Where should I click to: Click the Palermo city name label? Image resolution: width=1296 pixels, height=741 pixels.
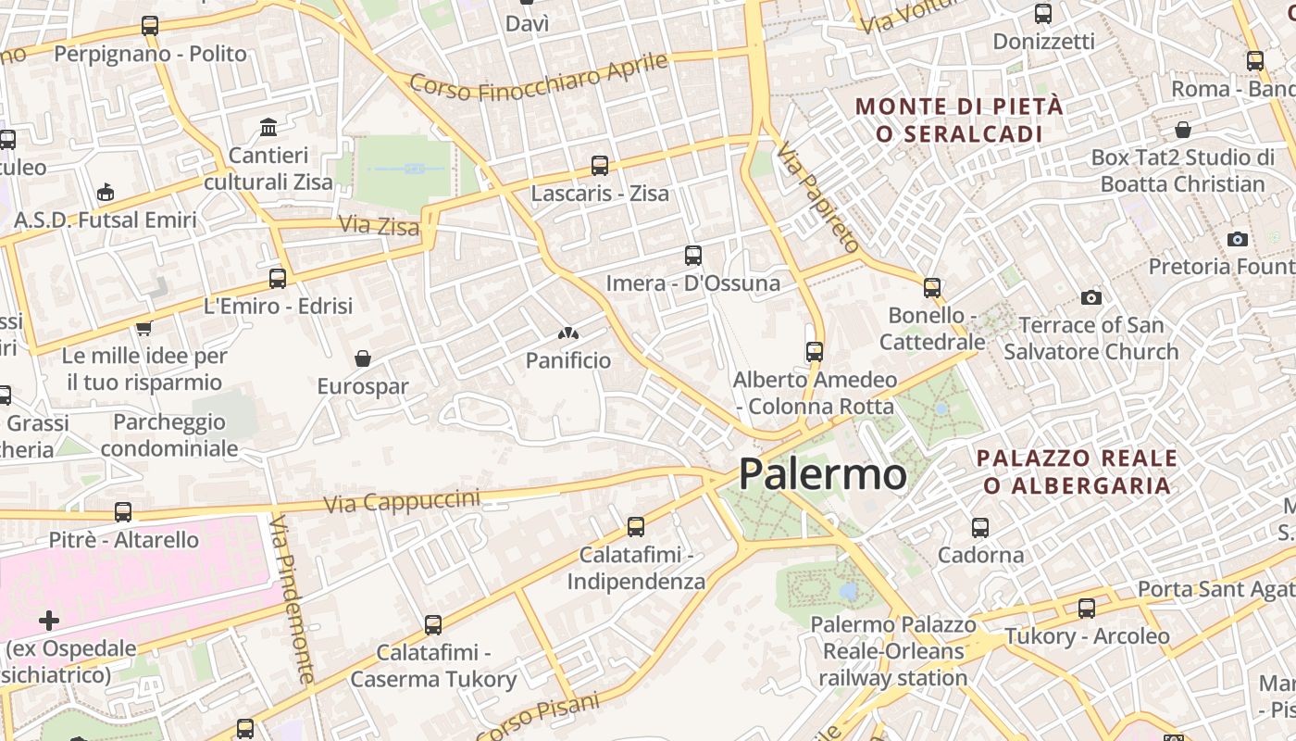pos(822,474)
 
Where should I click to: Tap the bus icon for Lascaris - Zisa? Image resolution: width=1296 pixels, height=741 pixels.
pos(600,166)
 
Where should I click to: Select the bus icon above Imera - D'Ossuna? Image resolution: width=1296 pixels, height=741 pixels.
pos(692,255)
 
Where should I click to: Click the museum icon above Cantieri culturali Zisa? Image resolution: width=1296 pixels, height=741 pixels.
pos(268,126)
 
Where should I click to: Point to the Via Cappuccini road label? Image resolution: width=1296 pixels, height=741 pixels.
pos(403,500)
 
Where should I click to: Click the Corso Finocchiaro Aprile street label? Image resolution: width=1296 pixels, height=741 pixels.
pos(538,77)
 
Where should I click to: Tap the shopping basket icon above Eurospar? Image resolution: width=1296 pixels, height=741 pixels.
pos(363,358)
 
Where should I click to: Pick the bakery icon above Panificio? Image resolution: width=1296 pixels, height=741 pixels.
pos(567,333)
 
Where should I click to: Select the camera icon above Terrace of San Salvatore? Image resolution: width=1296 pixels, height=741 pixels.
pos(1091,297)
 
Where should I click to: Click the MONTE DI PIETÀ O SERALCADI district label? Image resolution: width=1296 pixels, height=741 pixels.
pos(959,119)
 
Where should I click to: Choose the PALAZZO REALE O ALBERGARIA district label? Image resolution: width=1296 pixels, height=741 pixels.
pos(1077,471)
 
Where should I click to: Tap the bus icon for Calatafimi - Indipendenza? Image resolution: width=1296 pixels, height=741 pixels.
pos(635,526)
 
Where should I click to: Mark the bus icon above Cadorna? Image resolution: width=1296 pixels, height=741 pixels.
pos(980,527)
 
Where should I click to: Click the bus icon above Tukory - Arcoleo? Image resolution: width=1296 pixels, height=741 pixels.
pos(1087,608)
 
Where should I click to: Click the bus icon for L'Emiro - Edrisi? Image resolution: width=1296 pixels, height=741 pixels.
pos(277,277)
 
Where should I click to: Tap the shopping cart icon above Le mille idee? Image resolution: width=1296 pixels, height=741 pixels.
pos(143,328)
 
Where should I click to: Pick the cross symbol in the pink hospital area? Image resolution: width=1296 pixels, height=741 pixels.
pos(49,620)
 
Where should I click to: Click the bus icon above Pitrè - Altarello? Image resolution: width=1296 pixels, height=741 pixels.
pos(123,511)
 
